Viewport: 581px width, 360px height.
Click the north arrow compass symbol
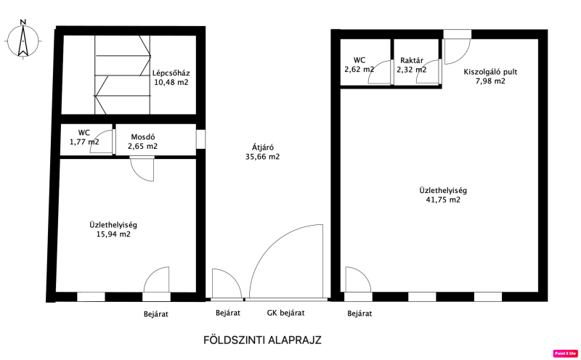tap(23, 39)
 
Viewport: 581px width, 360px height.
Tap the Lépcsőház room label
tap(171, 73)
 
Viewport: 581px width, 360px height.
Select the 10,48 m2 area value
tap(171, 82)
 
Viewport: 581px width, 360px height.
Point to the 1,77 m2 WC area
tap(84, 142)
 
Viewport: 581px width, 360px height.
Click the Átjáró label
tap(263, 147)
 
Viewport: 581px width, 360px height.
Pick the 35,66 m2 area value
tap(262, 157)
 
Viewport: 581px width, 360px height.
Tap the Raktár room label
tap(412, 60)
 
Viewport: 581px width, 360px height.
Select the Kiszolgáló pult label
tap(490, 72)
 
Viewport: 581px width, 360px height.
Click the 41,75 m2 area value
tap(443, 200)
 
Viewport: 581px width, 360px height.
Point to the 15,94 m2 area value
tap(113, 234)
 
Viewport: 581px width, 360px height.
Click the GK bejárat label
tap(285, 313)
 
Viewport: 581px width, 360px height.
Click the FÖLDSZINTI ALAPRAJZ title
tap(262, 340)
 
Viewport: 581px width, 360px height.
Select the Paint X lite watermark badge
tap(566, 353)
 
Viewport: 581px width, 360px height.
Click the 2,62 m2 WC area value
tap(359, 69)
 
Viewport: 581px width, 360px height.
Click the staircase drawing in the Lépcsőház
tap(123, 75)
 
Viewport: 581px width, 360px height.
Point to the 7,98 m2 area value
tap(490, 81)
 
